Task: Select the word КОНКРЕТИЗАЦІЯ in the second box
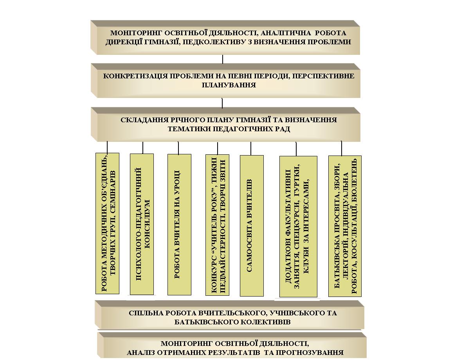coord(135,76)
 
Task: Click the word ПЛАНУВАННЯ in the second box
coord(229,85)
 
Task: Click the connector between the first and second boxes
coord(223,60)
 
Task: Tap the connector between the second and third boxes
coord(222,103)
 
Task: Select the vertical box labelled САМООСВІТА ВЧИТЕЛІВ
coord(252,226)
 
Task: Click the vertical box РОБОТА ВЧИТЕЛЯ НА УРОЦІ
coord(179,224)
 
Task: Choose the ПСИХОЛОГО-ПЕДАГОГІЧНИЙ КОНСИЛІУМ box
coord(142,224)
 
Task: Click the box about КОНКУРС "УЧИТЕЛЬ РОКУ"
coord(217,225)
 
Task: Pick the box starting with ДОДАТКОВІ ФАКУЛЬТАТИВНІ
coord(298,226)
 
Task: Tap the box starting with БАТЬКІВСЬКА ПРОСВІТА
coord(345,226)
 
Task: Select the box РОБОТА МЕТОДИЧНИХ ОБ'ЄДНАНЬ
coord(107,224)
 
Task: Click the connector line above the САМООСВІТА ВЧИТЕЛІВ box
coord(251,148)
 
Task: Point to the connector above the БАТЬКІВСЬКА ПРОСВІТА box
coord(341,148)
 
